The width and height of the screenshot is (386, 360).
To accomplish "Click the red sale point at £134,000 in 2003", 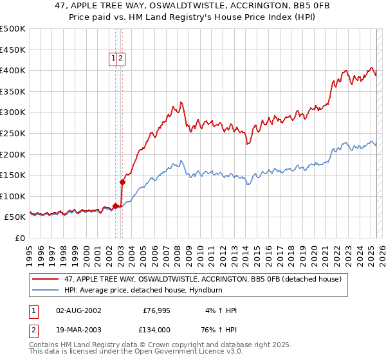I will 122,182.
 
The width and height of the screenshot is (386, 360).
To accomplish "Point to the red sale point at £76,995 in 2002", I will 116,206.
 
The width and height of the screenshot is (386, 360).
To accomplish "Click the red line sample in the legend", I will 46,279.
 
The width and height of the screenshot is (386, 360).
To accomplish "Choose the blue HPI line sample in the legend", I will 46,290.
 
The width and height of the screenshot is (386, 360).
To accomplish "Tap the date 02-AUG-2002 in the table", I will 78,310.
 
